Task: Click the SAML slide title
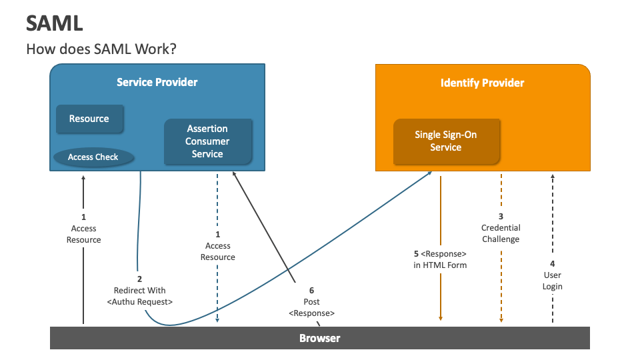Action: click(55, 23)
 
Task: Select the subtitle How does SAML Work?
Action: click(101, 49)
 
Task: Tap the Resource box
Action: click(89, 119)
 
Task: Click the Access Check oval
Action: click(93, 157)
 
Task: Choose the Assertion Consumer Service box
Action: click(207, 141)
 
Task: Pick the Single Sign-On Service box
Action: click(446, 141)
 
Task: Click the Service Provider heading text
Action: click(157, 83)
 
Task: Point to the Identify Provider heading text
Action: click(482, 83)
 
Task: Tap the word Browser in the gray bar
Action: click(319, 338)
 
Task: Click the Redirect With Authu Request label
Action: click(140, 296)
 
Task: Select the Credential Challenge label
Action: click(501, 233)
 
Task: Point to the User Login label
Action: click(552, 281)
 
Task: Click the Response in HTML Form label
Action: click(440, 259)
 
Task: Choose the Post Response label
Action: click(311, 307)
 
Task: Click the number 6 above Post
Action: click(311, 291)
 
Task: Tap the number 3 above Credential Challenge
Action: click(501, 216)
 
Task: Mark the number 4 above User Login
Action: click(552, 263)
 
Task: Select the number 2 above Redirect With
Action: click(139, 279)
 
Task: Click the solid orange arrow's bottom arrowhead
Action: click(440, 319)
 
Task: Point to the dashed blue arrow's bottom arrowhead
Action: click(217, 321)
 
